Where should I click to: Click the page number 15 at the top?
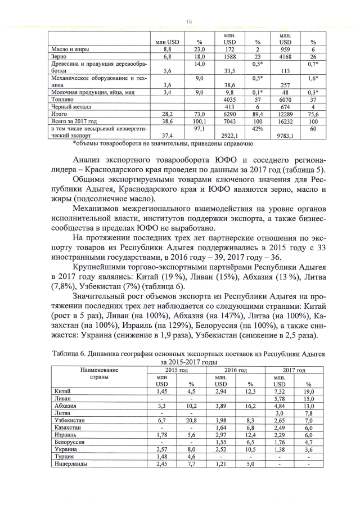click(189, 21)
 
